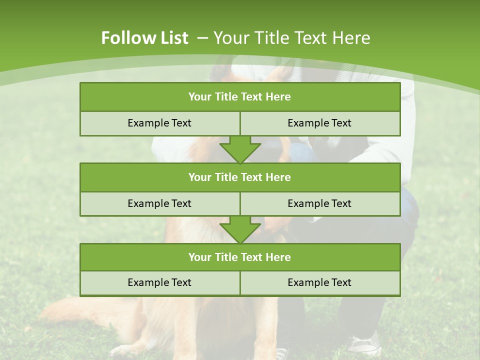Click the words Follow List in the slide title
(x=144, y=38)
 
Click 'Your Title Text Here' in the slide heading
(x=292, y=38)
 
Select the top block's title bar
(x=240, y=97)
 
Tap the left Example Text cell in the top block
(x=159, y=123)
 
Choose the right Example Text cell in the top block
(x=319, y=123)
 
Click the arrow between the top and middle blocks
(x=240, y=149)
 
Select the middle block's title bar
(x=240, y=177)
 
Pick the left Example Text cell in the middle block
(x=159, y=203)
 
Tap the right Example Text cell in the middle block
(x=319, y=203)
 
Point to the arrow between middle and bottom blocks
(x=240, y=229)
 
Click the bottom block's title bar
(x=240, y=257)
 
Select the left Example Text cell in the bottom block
(x=159, y=282)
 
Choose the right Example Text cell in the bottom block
(x=319, y=282)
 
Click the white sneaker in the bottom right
(x=364, y=345)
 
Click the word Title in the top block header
(x=225, y=97)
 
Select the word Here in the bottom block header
(x=278, y=257)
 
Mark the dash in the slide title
(x=202, y=38)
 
